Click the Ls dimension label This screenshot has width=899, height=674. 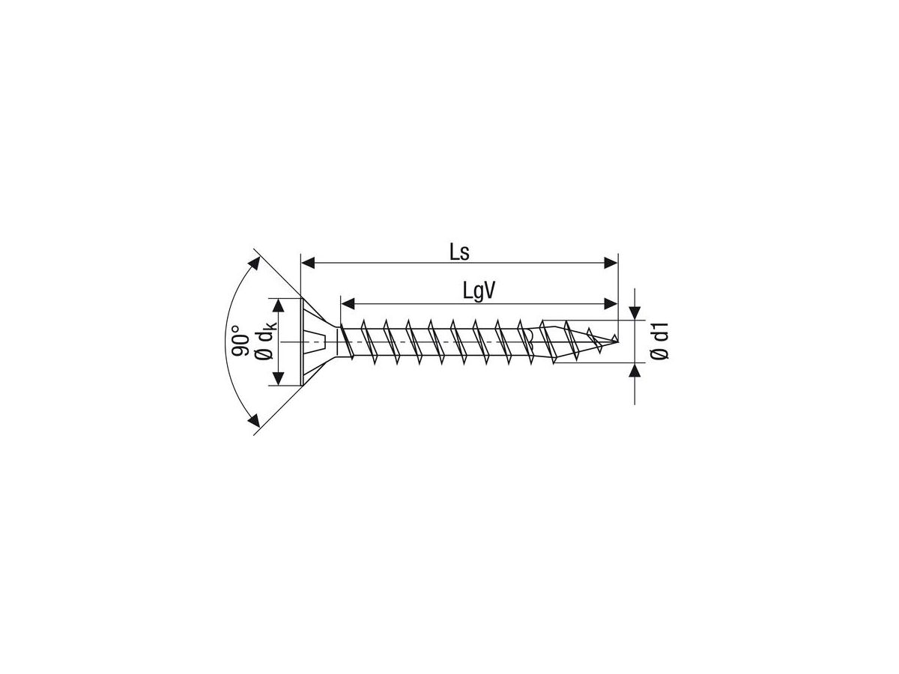(459, 252)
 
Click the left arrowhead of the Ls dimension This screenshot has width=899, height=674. (307, 263)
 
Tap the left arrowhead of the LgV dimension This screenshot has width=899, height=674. (348, 303)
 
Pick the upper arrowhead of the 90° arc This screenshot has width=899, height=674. (255, 264)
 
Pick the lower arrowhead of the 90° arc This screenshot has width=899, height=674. (255, 420)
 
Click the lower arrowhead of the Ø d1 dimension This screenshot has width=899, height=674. (635, 370)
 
